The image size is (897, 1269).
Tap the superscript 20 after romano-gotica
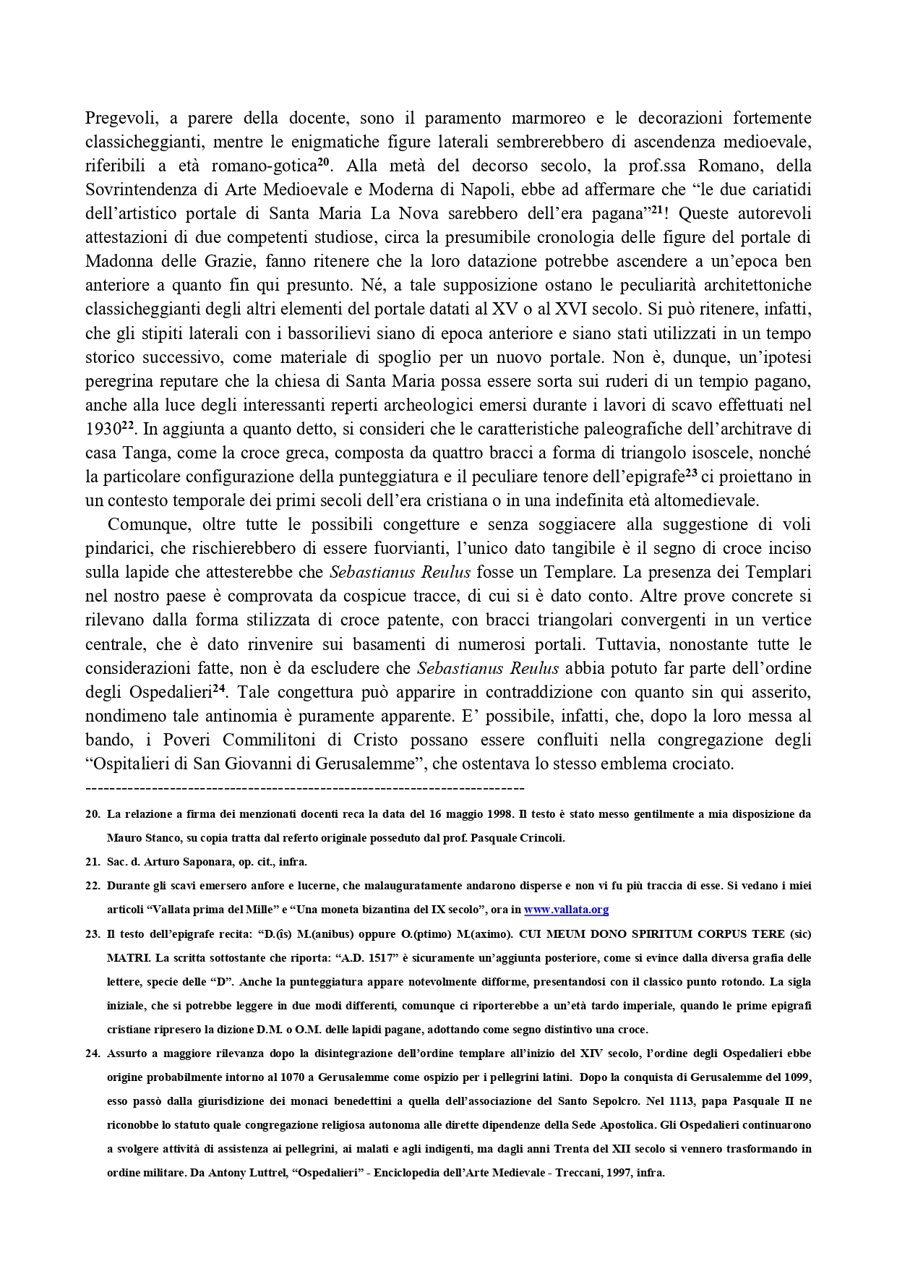pos(324,162)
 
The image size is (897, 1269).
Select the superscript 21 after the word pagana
pos(657,210)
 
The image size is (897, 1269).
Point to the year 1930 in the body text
pos(103,430)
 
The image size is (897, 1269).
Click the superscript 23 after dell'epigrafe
pos(692,474)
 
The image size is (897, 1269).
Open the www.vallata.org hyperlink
pos(566,910)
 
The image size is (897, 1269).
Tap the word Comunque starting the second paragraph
pos(149,525)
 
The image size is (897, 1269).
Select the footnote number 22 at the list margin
pos(93,886)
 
